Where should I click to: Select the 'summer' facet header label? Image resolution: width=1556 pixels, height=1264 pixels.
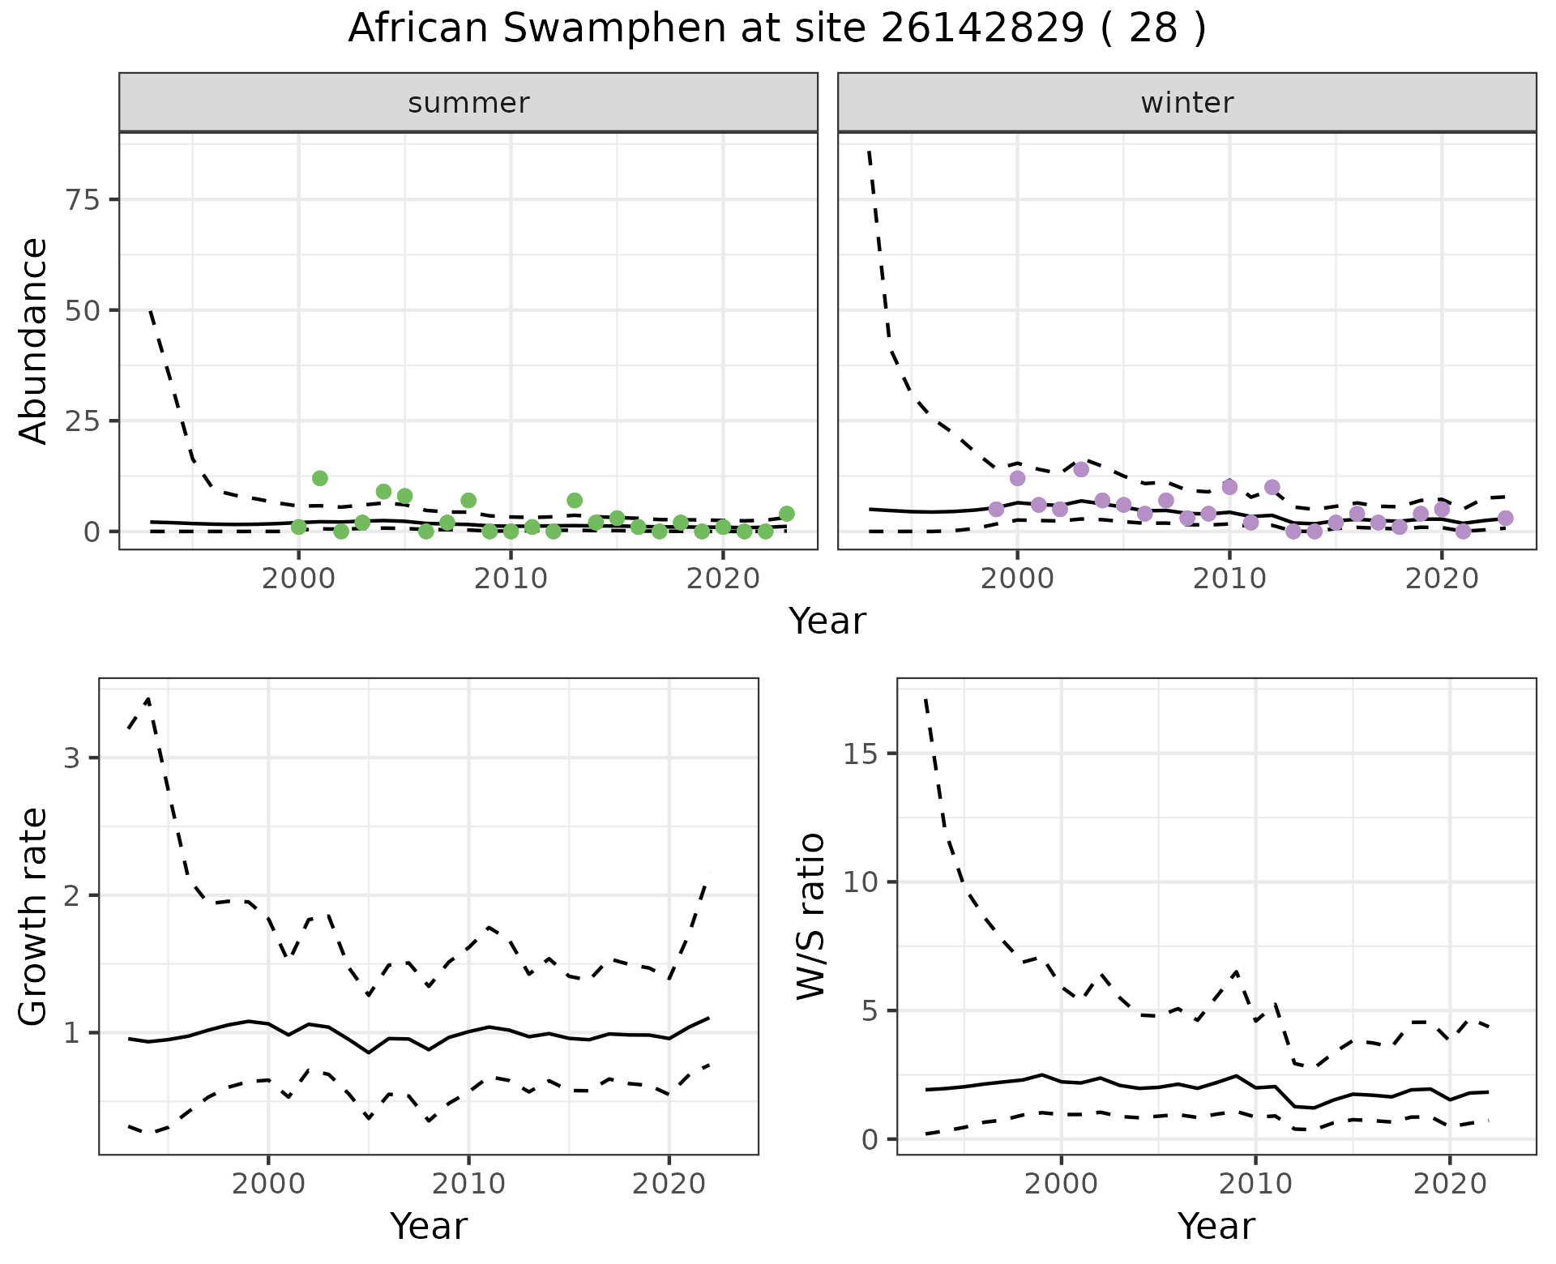(468, 103)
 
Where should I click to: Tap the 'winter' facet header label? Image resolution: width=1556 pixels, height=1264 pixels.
(1186, 103)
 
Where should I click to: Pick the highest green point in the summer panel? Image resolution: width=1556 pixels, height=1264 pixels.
(320, 478)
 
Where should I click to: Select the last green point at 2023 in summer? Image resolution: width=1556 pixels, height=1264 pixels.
(786, 514)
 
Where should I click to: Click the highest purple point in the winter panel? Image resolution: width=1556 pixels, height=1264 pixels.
(1081, 469)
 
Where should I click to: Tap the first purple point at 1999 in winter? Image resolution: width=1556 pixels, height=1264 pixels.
(996, 509)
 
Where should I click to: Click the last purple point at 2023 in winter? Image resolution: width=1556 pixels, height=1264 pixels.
(1505, 518)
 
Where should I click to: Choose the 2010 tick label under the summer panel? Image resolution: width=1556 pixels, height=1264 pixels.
(511, 579)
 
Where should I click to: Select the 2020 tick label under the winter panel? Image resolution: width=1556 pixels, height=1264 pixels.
(1442, 579)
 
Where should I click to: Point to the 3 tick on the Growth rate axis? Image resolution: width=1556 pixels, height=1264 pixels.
(71, 758)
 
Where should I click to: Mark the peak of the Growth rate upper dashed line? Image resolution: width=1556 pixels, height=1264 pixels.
(147, 698)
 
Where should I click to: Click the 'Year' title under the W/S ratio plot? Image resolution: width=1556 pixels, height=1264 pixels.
(1216, 1226)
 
